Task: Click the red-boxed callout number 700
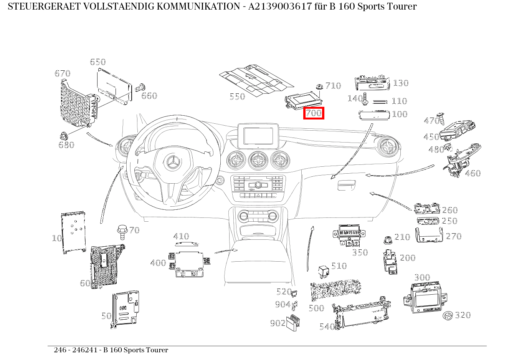point(314,113)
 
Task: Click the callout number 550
point(237,96)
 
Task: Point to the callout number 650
point(98,62)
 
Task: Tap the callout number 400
point(158,263)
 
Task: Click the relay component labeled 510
point(324,271)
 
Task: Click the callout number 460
point(473,173)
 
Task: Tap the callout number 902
point(277,323)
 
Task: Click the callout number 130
point(400,83)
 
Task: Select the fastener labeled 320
point(448,316)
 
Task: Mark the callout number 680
point(66,145)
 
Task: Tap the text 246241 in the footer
point(86,350)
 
